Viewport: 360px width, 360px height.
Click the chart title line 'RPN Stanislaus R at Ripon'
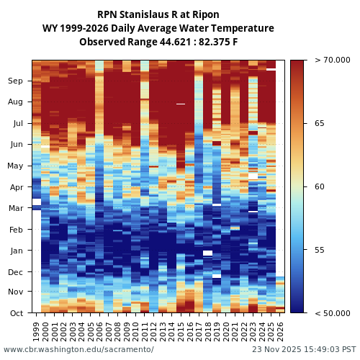point(158,14)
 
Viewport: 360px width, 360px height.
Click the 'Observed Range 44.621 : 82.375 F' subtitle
point(158,42)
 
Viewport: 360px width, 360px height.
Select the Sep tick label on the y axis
point(15,81)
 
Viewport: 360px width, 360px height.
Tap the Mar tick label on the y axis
point(15,209)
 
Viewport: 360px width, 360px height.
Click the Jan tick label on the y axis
point(16,251)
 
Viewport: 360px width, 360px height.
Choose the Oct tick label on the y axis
point(16,313)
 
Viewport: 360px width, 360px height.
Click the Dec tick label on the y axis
point(15,272)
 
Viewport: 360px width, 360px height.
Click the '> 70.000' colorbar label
point(327,60)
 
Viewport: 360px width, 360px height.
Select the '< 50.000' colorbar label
point(327,313)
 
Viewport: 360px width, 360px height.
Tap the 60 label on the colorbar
point(319,187)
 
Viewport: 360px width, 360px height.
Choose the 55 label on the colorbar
point(319,251)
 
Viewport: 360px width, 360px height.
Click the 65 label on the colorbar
point(319,124)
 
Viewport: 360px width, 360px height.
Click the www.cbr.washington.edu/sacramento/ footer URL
point(78,349)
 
